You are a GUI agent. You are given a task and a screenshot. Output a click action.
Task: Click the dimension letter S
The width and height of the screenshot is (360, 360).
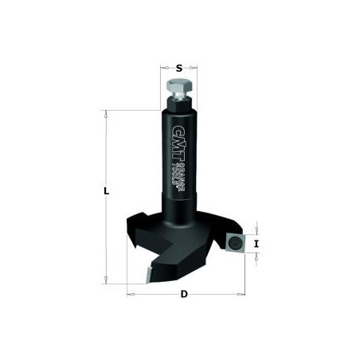coord(179,68)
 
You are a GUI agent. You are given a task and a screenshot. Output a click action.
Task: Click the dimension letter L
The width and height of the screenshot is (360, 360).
coord(107,191)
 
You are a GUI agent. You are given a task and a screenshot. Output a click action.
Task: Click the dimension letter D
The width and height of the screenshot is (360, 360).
coord(184,294)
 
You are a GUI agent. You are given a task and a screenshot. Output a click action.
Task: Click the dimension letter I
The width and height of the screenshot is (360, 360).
coord(256,244)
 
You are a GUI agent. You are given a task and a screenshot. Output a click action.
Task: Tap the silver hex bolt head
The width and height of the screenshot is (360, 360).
coord(179,85)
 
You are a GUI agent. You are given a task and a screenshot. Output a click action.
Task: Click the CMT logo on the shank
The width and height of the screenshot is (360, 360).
coord(177,143)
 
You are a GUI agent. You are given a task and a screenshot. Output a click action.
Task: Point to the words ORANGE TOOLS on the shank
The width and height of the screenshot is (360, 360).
coord(181,175)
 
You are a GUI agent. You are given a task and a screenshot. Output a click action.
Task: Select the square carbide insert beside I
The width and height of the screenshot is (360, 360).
coord(234,242)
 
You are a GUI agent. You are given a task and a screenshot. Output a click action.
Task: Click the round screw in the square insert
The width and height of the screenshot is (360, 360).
coord(234,242)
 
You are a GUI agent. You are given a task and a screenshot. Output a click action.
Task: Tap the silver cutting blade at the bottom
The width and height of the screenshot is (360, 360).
coord(148,275)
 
